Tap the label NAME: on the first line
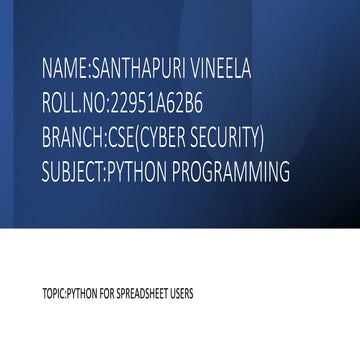tap(65, 70)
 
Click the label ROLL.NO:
tap(74, 103)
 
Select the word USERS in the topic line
tap(183, 295)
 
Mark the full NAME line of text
tap(146, 70)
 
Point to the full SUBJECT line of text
tap(166, 171)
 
